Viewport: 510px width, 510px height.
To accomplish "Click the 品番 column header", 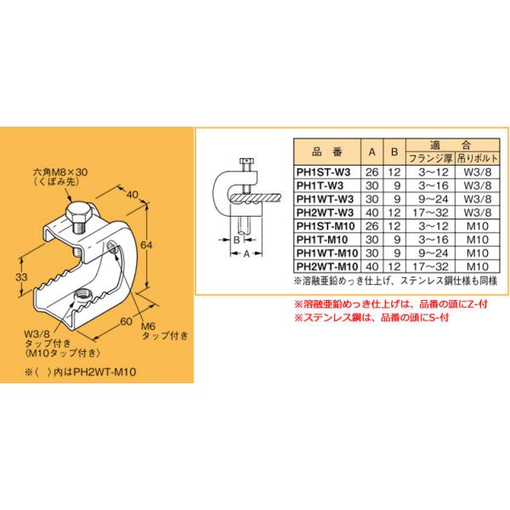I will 326,151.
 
